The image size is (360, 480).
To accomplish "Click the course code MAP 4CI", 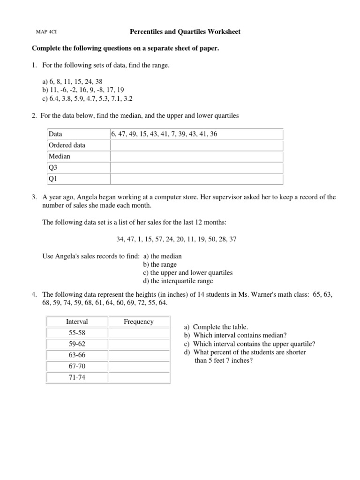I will click(x=46, y=32).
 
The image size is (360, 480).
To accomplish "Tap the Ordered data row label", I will click(x=67, y=145).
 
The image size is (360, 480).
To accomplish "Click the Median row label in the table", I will click(x=59, y=157).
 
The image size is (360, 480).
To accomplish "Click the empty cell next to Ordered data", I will click(x=196, y=145).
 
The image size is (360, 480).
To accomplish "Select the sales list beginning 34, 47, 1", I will click(x=176, y=239).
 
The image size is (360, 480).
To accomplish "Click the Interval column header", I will click(x=77, y=322).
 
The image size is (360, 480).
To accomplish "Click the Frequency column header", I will click(x=139, y=322).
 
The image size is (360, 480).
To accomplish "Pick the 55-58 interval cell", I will click(x=77, y=332).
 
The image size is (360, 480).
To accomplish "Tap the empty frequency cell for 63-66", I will click(x=139, y=355).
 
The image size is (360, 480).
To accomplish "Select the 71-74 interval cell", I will click(x=77, y=377).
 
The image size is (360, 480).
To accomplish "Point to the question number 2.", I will click(x=34, y=115).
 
